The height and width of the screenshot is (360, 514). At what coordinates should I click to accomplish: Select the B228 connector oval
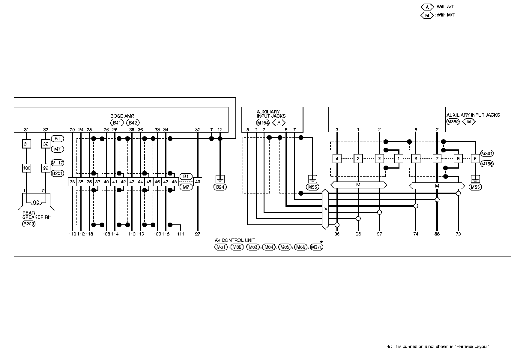tap(29, 223)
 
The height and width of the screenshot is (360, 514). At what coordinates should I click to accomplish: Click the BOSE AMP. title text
tap(122, 116)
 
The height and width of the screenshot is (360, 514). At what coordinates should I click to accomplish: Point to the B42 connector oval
tap(133, 123)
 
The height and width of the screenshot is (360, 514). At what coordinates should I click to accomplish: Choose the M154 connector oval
tap(263, 123)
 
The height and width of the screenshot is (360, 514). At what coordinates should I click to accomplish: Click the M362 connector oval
tap(453, 121)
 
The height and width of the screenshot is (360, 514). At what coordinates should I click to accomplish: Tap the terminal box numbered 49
tap(197, 182)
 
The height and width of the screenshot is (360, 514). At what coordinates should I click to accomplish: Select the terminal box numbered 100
tap(27, 168)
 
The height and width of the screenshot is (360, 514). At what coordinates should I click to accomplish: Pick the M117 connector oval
tap(57, 163)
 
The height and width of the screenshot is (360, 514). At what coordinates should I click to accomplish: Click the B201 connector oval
tap(57, 173)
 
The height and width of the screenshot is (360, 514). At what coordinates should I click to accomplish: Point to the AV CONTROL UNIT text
tap(235, 240)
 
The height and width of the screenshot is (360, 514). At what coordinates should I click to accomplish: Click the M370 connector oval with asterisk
tap(317, 247)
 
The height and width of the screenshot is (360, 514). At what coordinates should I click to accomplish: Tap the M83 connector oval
tap(253, 247)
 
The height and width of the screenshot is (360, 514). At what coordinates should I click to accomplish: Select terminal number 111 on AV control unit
tap(181, 234)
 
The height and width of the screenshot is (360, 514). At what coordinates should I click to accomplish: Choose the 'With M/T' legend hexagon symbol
tap(427, 15)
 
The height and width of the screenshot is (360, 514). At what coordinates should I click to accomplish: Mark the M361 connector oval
tap(487, 154)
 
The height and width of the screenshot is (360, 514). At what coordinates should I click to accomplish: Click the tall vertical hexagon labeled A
tap(325, 209)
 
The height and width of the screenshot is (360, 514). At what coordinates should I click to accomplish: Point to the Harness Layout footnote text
tap(441, 346)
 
